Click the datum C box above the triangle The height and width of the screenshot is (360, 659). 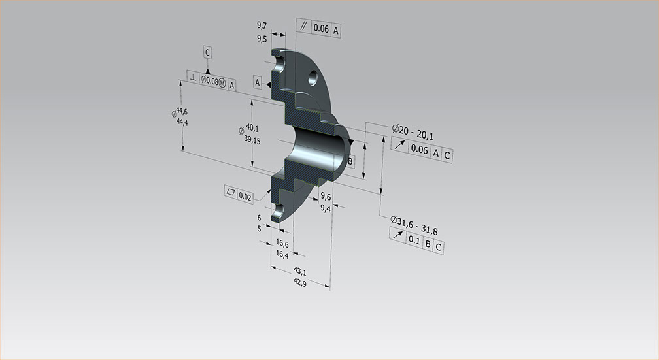click(x=207, y=52)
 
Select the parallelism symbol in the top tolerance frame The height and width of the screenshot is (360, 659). click(x=303, y=25)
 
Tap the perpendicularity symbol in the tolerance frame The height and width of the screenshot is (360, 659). click(x=192, y=77)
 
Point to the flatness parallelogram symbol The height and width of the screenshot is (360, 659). click(x=231, y=192)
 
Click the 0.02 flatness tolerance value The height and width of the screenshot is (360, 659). click(x=245, y=197)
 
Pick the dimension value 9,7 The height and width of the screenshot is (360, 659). click(x=262, y=25)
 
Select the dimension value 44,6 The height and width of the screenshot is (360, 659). click(x=182, y=111)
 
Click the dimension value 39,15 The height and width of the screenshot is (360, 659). click(x=252, y=139)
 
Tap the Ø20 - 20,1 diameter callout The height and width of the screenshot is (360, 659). click(x=413, y=132)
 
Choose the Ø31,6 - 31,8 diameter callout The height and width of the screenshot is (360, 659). click(x=414, y=225)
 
